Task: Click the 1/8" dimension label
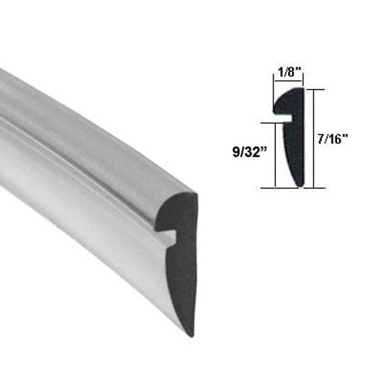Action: pyautogui.click(x=288, y=71)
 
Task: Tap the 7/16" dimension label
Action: pyautogui.click(x=334, y=138)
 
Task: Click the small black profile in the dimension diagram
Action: pyautogui.click(x=293, y=146)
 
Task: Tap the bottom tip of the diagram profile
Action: pyautogui.click(x=297, y=184)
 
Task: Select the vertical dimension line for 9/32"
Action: pyautogui.click(x=274, y=153)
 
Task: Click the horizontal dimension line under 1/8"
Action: pyautogui.click(x=288, y=81)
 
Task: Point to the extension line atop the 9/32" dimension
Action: pyautogui.click(x=268, y=122)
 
